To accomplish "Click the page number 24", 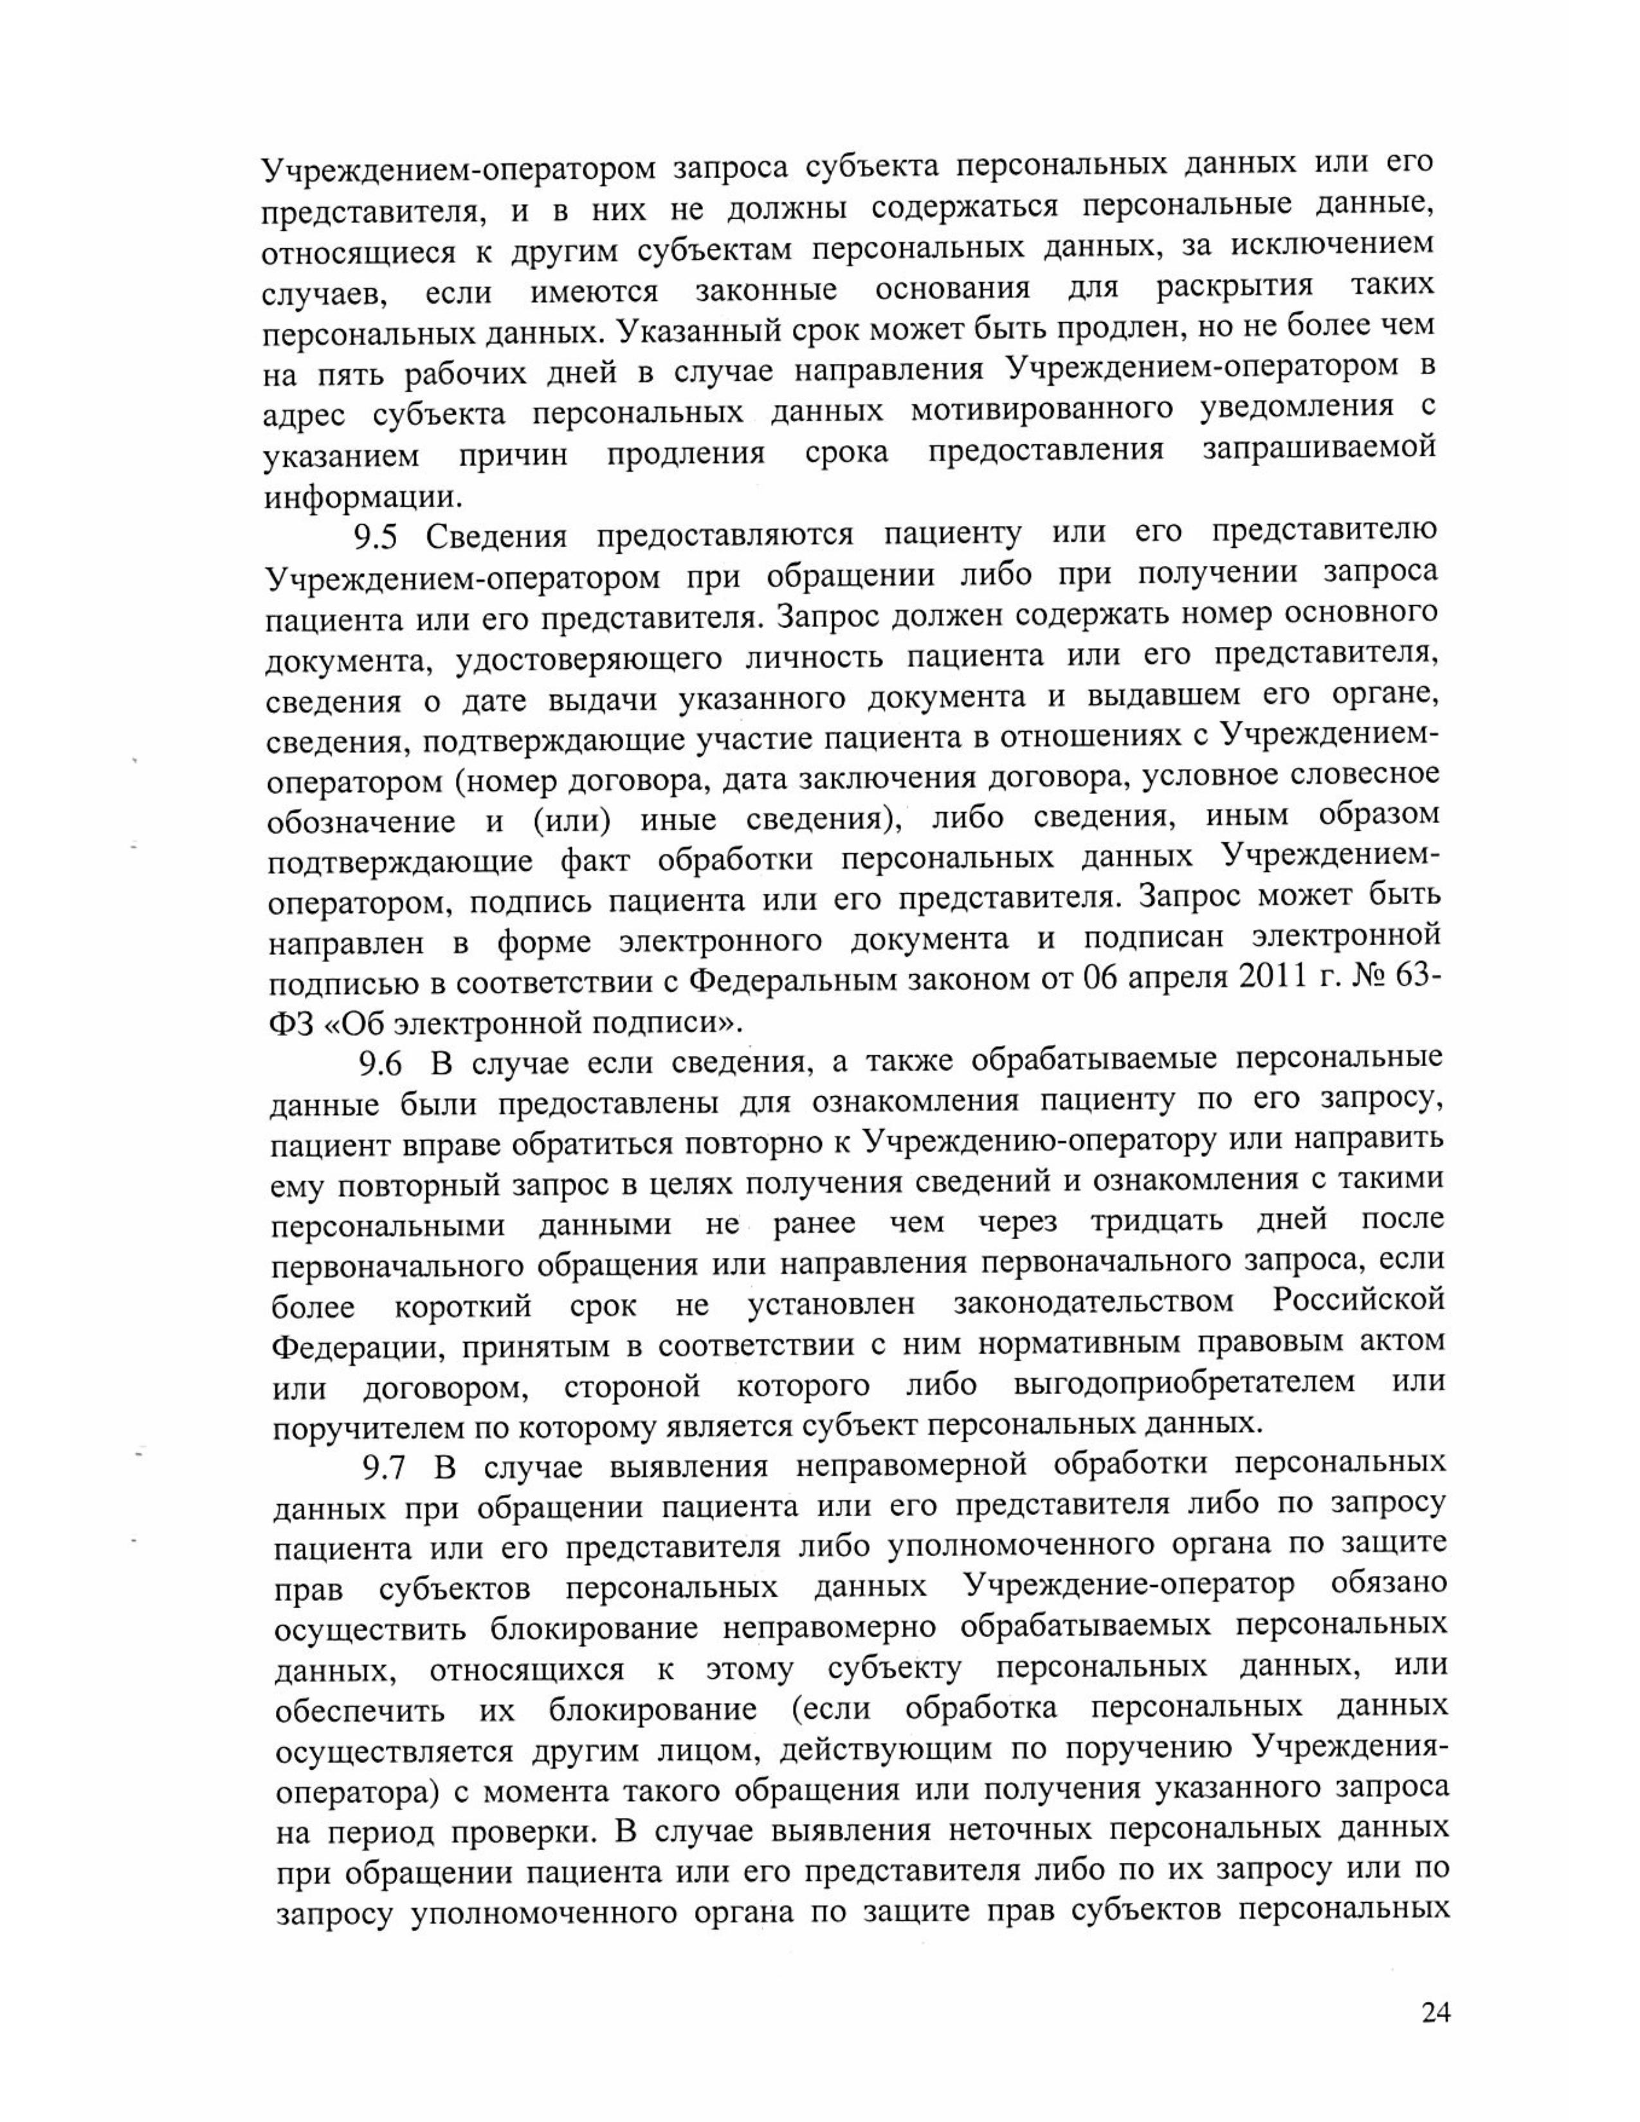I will [x=1435, y=2012].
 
